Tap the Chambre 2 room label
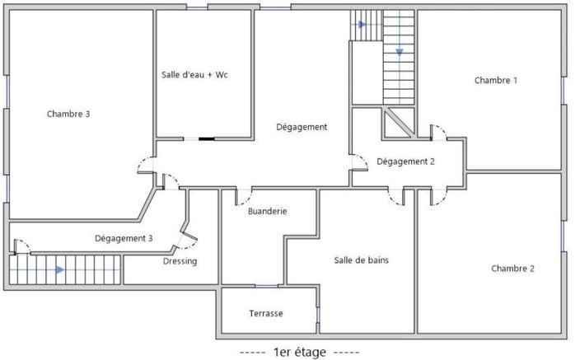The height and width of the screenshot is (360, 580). click(x=512, y=269)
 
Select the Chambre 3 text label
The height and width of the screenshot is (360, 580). click(x=68, y=114)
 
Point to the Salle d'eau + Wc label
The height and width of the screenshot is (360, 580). click(x=194, y=75)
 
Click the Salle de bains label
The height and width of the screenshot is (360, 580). click(x=361, y=260)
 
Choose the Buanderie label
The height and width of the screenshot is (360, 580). click(x=267, y=211)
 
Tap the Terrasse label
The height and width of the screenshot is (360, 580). click(x=266, y=314)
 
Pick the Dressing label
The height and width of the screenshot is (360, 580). click(x=180, y=261)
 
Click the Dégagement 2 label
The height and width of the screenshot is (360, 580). click(x=405, y=161)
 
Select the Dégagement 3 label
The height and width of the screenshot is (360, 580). click(x=124, y=238)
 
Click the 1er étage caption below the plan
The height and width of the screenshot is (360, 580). click(x=299, y=352)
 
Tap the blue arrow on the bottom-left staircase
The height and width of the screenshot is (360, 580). click(x=59, y=269)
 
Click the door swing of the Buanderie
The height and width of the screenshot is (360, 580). click(x=245, y=197)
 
